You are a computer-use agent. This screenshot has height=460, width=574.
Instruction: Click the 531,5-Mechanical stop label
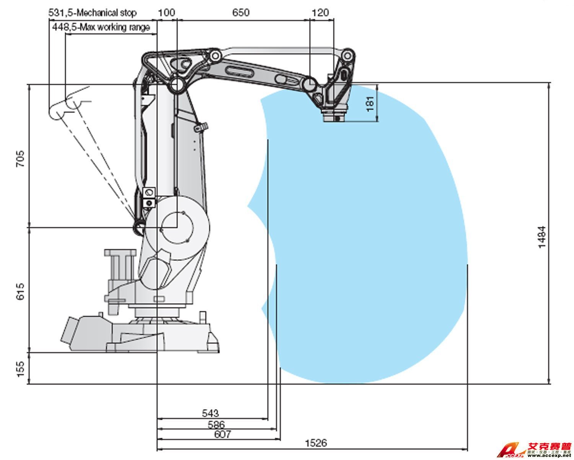click(92, 13)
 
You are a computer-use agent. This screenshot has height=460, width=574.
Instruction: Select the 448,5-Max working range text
click(101, 28)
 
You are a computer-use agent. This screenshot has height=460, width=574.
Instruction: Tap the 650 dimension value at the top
click(241, 13)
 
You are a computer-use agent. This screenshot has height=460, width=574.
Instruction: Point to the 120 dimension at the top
click(320, 13)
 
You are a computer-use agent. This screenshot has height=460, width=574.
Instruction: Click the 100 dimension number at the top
click(166, 13)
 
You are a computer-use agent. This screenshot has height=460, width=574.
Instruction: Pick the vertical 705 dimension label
click(20, 159)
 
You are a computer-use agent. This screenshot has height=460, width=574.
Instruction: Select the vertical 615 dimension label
click(20, 291)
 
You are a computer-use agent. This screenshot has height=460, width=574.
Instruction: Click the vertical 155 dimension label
click(20, 368)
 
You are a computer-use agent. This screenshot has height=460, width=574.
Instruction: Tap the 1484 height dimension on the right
click(542, 237)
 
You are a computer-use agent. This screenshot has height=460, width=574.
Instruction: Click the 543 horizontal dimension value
click(210, 413)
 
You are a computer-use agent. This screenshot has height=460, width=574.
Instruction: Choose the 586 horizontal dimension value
click(216, 424)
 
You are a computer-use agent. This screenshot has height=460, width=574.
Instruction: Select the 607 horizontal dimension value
click(222, 434)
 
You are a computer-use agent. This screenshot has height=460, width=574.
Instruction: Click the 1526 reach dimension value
click(316, 443)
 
